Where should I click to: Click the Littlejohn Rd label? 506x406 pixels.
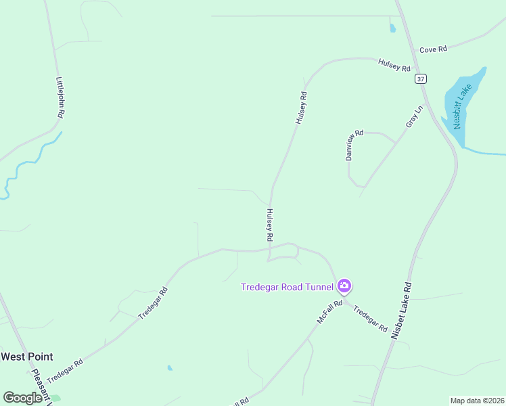pos(59,97)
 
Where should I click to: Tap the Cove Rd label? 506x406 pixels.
pos(433,49)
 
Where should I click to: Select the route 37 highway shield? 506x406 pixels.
pos(421,79)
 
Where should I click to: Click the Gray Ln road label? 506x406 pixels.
pos(413,116)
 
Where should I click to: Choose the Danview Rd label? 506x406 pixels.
pos(354,145)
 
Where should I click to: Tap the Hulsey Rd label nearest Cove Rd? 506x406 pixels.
pos(394,66)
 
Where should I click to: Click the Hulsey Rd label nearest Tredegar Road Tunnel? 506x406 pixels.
pos(269,225)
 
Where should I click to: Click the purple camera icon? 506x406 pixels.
pos(344,286)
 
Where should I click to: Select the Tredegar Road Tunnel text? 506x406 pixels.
pos(287,287)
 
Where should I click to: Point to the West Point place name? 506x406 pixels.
pos(26,357)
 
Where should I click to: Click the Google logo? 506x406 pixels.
pos(22,398)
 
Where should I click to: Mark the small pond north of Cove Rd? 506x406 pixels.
pos(392,28)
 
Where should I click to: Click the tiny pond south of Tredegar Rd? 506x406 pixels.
pos(170,368)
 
